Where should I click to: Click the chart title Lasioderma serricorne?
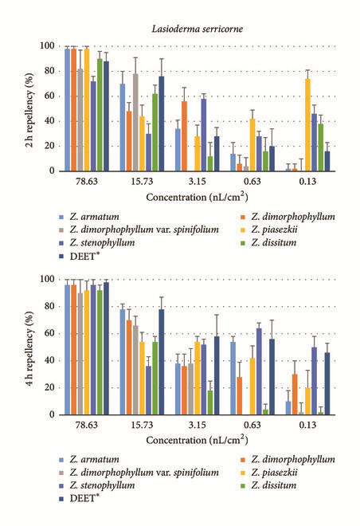(197, 29)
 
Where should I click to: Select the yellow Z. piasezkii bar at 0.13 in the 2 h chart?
(307, 125)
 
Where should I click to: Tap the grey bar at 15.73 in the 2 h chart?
(135, 123)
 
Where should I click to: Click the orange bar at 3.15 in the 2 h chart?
(184, 136)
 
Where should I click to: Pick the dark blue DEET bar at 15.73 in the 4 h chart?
(162, 362)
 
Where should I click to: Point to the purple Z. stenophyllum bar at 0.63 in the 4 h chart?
(259, 371)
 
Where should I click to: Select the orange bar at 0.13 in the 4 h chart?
(295, 394)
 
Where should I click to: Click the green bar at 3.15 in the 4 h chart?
(210, 402)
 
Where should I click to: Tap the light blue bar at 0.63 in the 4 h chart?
(233, 379)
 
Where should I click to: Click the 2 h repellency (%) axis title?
(29, 110)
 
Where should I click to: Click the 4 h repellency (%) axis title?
(29, 348)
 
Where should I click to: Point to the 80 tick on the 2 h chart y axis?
(47, 71)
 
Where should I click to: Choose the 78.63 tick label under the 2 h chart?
(87, 182)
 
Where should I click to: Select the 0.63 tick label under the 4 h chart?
(252, 425)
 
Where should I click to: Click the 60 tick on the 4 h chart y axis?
(47, 333)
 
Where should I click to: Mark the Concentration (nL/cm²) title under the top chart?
(197, 198)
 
